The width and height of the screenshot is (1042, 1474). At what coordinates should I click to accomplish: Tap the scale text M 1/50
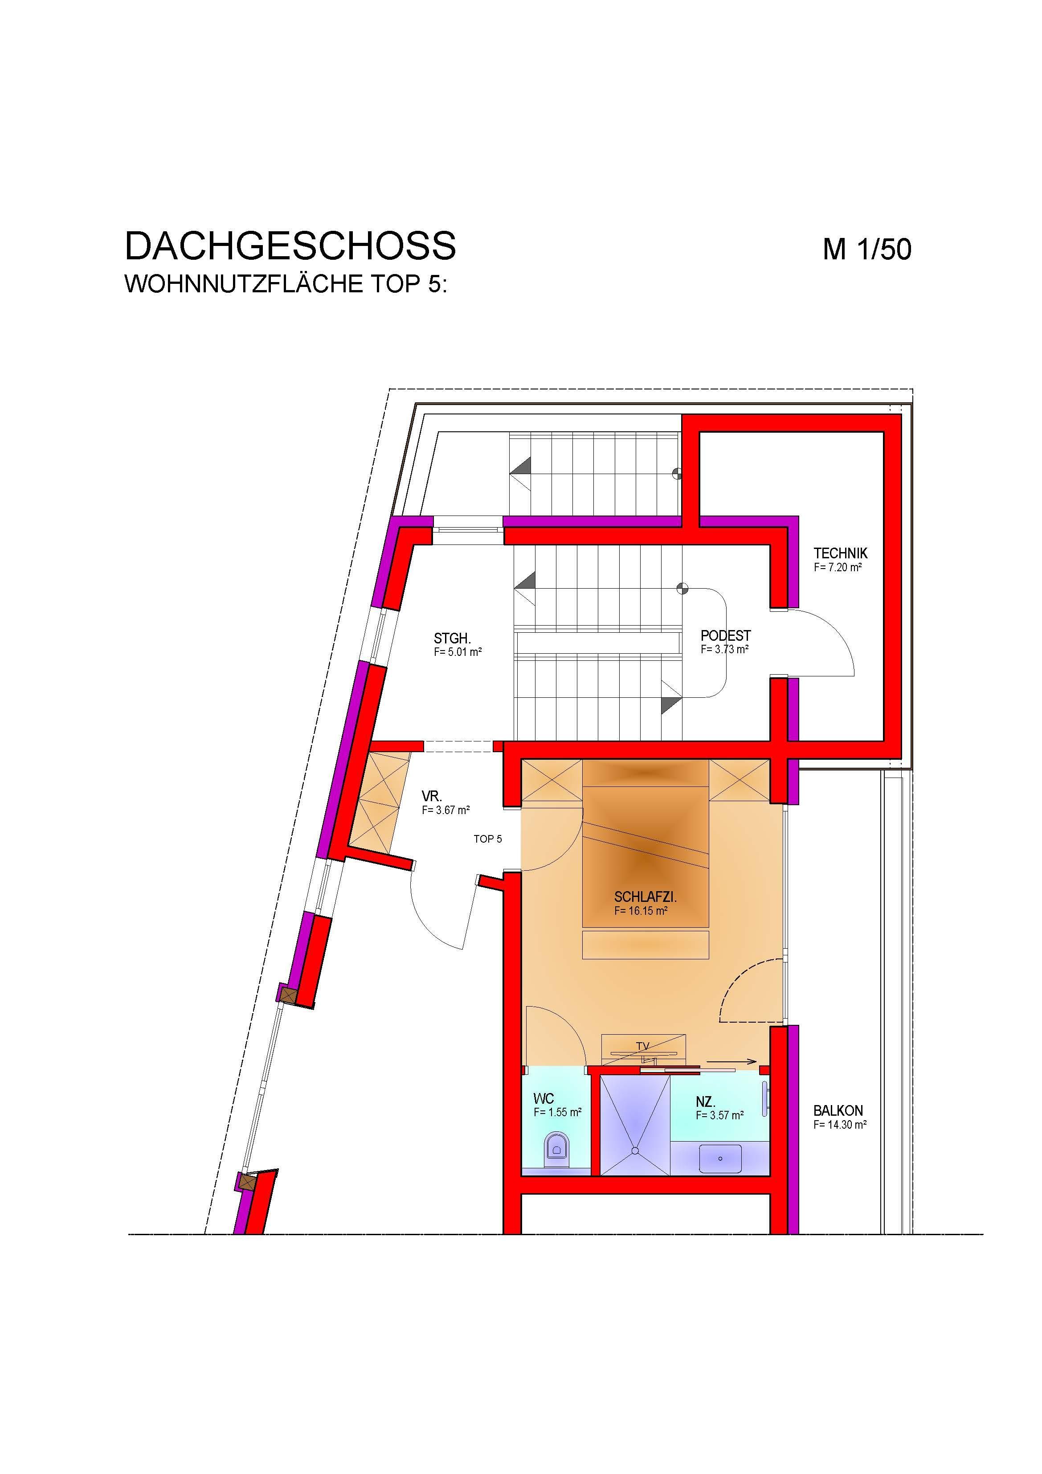click(x=867, y=249)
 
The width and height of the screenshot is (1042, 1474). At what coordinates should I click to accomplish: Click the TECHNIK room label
click(x=840, y=553)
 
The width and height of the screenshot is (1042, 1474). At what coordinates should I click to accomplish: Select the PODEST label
click(x=726, y=635)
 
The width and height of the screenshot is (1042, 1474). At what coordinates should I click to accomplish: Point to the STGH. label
click(x=453, y=639)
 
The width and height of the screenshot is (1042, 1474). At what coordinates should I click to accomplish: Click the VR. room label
click(x=431, y=797)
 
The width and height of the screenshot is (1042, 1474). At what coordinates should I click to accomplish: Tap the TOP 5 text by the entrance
click(x=488, y=839)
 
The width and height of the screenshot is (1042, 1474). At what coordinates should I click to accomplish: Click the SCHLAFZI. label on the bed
click(x=645, y=897)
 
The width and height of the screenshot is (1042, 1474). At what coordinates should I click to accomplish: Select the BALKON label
click(x=838, y=1110)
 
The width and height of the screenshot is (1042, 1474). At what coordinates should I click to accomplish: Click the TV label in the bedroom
click(x=643, y=1046)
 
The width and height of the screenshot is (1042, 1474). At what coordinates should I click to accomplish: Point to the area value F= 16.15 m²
click(x=641, y=911)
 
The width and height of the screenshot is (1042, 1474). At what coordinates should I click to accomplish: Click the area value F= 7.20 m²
click(x=837, y=568)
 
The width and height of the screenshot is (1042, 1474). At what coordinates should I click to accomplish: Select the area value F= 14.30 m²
click(x=840, y=1125)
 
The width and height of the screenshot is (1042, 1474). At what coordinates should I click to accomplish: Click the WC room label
click(x=543, y=1098)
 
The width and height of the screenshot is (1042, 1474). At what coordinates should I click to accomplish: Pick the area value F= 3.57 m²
click(x=720, y=1116)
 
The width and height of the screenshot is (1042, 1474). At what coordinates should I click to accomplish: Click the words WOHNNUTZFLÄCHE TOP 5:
click(x=285, y=284)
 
